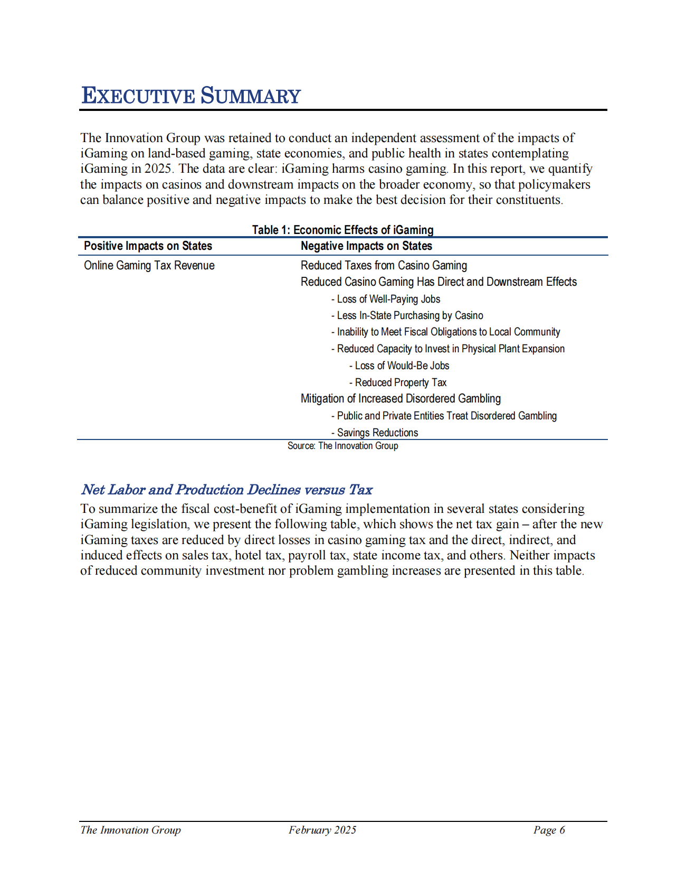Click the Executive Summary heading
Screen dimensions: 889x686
tap(191, 96)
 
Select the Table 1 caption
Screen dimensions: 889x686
tap(342, 230)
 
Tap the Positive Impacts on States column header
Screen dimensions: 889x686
tap(148, 246)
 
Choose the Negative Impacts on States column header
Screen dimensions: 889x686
tap(366, 246)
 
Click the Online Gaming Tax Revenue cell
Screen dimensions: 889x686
tap(149, 266)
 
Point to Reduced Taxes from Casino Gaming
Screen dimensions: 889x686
tap(384, 266)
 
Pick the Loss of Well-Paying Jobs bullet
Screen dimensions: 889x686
tap(386, 299)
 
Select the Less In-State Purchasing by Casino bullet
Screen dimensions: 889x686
tap(407, 315)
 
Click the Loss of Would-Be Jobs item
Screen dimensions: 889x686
tap(399, 366)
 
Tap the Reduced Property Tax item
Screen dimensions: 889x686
tap(398, 382)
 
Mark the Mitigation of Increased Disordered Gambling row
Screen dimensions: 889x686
tap(401, 399)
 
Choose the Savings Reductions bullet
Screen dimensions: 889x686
tap(375, 433)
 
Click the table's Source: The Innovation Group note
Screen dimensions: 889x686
tap(342, 446)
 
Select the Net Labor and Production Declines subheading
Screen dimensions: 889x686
tap(227, 490)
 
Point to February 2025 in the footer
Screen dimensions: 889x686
tap(322, 830)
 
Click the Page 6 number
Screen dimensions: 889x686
tap(549, 830)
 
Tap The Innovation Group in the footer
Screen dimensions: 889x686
tap(130, 830)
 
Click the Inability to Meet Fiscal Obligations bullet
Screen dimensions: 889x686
tap(446, 332)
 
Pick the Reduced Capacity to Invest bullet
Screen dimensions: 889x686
tap(448, 349)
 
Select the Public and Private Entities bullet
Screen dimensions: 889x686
tap(444, 416)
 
